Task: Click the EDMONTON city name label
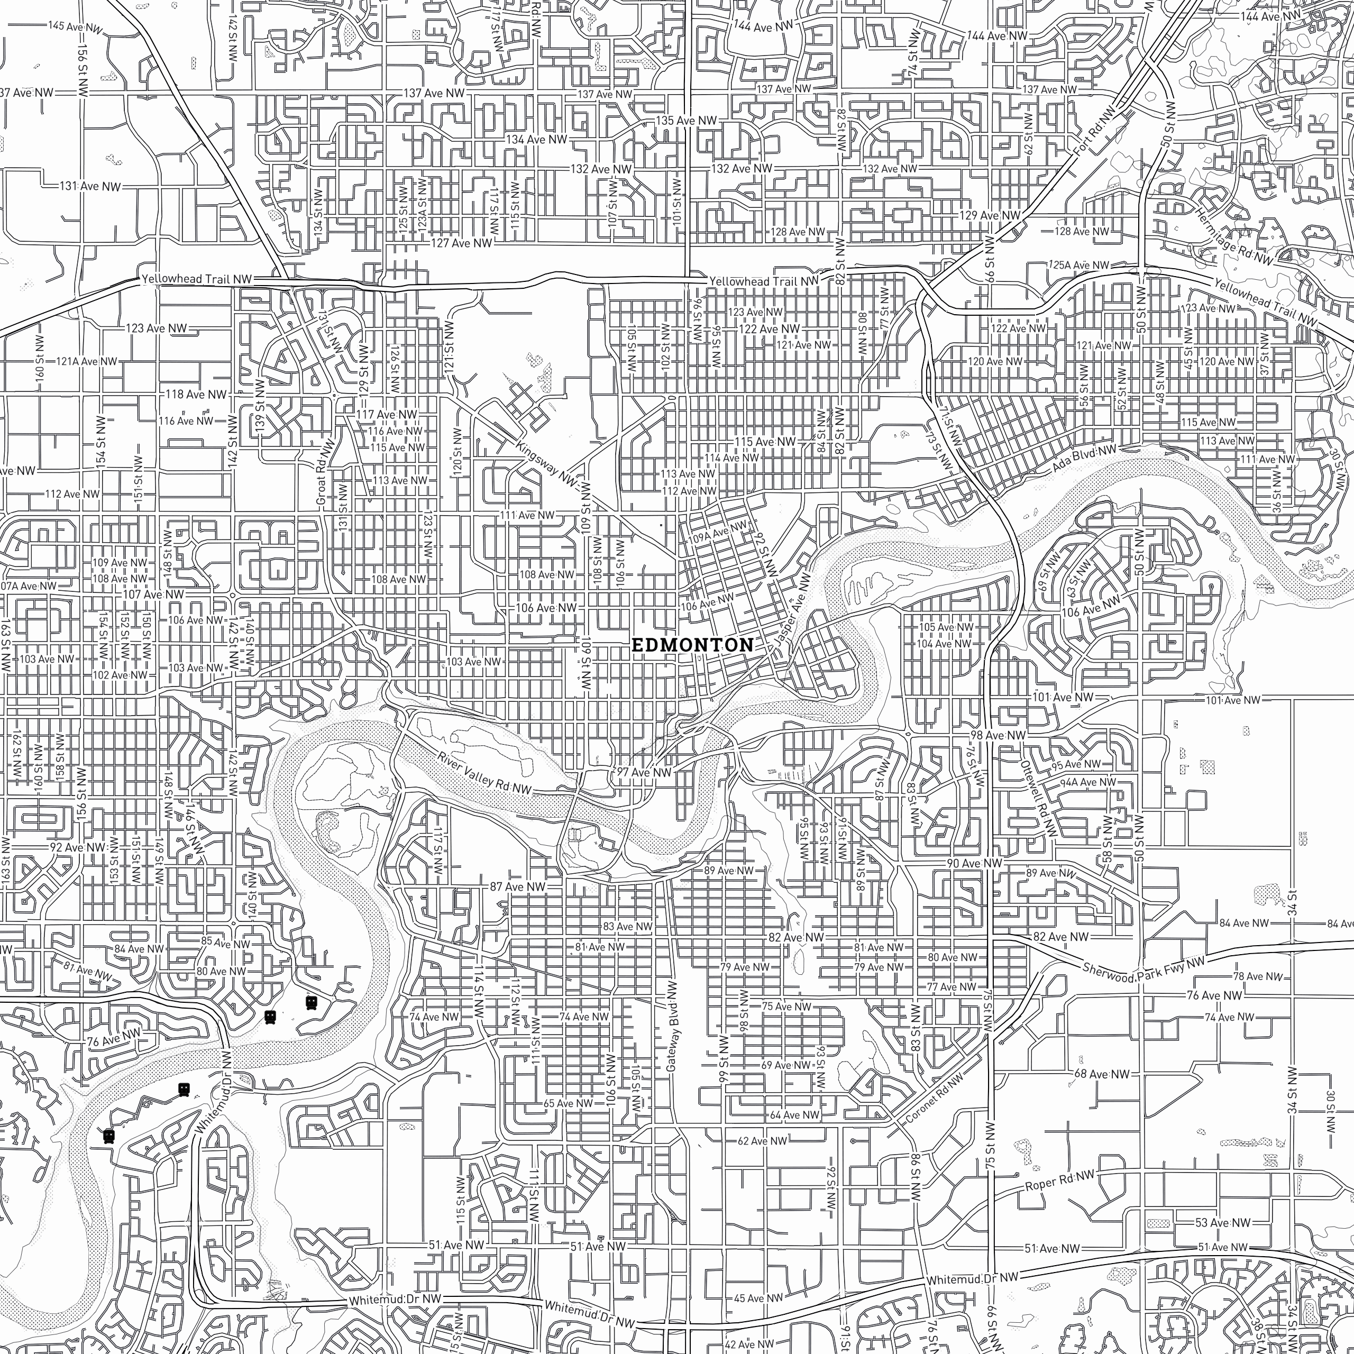tap(692, 645)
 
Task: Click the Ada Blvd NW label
tap(1084, 464)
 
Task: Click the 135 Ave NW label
tap(686, 121)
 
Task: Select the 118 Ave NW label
tap(196, 395)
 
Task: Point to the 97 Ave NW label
tap(643, 772)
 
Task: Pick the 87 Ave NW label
tap(517, 886)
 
